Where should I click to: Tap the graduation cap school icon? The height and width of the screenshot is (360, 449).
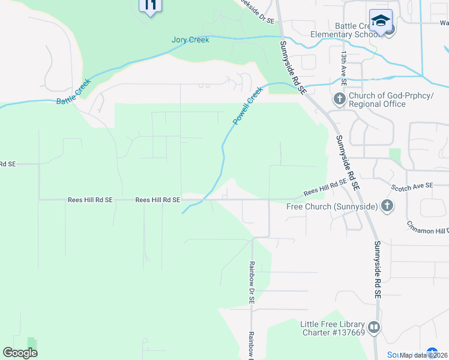pos(381,21)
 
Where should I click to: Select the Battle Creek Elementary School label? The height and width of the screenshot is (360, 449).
pos(345,30)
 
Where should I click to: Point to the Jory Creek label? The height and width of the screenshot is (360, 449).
pos(190,40)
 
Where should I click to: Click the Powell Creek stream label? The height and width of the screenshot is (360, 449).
pos(248,106)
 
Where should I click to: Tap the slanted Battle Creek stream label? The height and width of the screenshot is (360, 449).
pos(73,92)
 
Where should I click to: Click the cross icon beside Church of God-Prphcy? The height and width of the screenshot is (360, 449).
pos(339,99)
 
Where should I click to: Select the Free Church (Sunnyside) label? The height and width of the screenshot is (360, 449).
pos(332,206)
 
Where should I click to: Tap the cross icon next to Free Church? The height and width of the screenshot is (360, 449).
pos(387,206)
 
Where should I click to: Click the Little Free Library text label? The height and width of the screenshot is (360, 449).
pos(333,328)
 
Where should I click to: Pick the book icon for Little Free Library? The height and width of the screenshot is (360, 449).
pos(374,328)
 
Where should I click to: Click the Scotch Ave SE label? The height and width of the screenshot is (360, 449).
pos(412,186)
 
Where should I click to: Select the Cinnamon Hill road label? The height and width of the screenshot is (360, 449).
pos(427,228)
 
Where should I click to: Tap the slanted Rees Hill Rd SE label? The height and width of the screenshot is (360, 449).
pos(325,187)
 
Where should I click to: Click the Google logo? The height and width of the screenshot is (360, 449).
pos(20,353)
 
